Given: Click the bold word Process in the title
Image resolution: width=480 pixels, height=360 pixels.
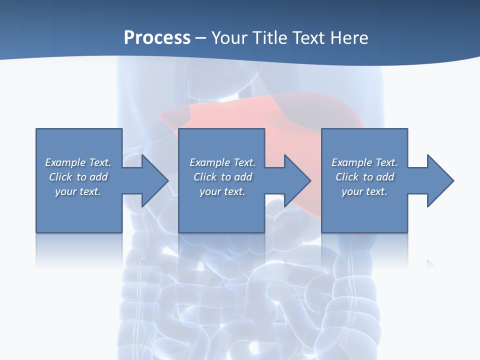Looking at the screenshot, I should click(x=157, y=38).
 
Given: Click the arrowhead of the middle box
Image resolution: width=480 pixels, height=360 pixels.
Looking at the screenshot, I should click(x=297, y=180).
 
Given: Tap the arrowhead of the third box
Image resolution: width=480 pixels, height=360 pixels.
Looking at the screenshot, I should click(x=440, y=180).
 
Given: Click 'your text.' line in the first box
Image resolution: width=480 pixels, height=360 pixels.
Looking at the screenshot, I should click(x=78, y=191).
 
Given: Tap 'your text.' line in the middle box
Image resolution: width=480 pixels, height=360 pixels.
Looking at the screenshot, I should click(x=222, y=191).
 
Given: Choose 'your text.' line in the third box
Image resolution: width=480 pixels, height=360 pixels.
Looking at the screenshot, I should click(x=364, y=191).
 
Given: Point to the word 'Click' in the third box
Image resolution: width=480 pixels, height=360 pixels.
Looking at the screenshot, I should click(x=347, y=177).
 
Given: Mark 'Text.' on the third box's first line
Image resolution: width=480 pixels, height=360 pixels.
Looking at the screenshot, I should click(x=386, y=162).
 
